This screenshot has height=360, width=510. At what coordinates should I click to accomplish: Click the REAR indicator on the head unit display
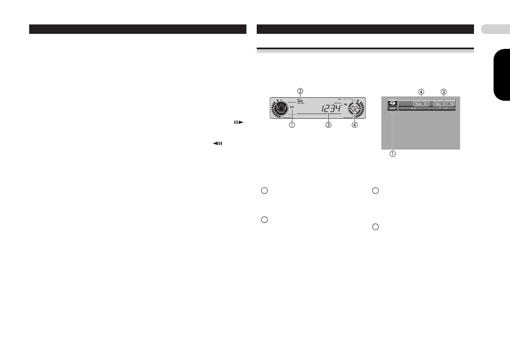[x=300, y=101]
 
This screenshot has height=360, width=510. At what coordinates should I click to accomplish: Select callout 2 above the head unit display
[x=300, y=91]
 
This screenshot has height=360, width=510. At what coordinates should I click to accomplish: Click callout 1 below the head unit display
[x=292, y=125]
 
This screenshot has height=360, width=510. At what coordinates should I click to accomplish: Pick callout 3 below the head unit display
[x=328, y=125]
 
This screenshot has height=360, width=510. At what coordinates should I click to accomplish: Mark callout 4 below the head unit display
[x=354, y=125]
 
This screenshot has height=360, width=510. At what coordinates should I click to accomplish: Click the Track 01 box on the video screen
[x=422, y=104]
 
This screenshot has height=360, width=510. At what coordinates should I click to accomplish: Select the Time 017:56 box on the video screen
[x=444, y=104]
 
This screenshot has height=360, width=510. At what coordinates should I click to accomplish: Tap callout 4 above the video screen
[x=422, y=91]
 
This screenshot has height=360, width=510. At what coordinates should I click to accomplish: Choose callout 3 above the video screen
[x=444, y=91]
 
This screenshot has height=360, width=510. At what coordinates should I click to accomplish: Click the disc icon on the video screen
[x=392, y=103]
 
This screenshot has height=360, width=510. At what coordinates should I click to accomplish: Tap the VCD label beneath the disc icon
[x=392, y=109]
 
